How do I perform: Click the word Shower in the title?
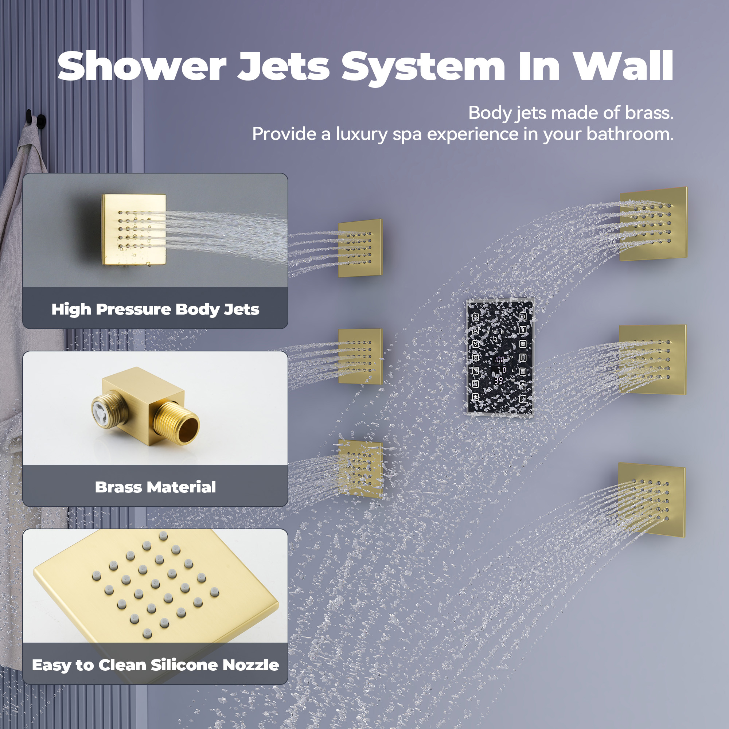142,67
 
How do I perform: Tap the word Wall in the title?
623,67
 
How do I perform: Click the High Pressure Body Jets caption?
155,309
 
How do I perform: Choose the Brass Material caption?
155,487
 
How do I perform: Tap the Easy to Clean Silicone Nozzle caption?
155,665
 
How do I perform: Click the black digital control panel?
500,357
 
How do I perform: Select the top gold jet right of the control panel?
653,224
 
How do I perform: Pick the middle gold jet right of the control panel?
652,360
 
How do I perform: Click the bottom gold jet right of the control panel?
652,500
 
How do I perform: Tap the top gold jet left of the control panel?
360,248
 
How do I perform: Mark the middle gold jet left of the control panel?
360,356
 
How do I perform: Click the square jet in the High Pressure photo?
134,229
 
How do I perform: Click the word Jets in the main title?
284,67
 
